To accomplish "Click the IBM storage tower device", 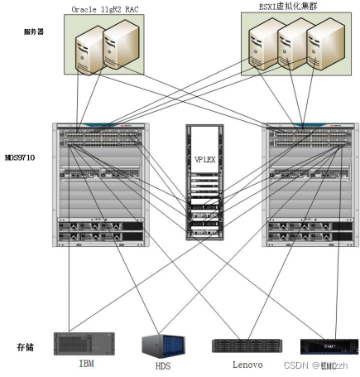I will [84, 343].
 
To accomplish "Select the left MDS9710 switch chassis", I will [99, 184].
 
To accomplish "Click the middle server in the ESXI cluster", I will [290, 46].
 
